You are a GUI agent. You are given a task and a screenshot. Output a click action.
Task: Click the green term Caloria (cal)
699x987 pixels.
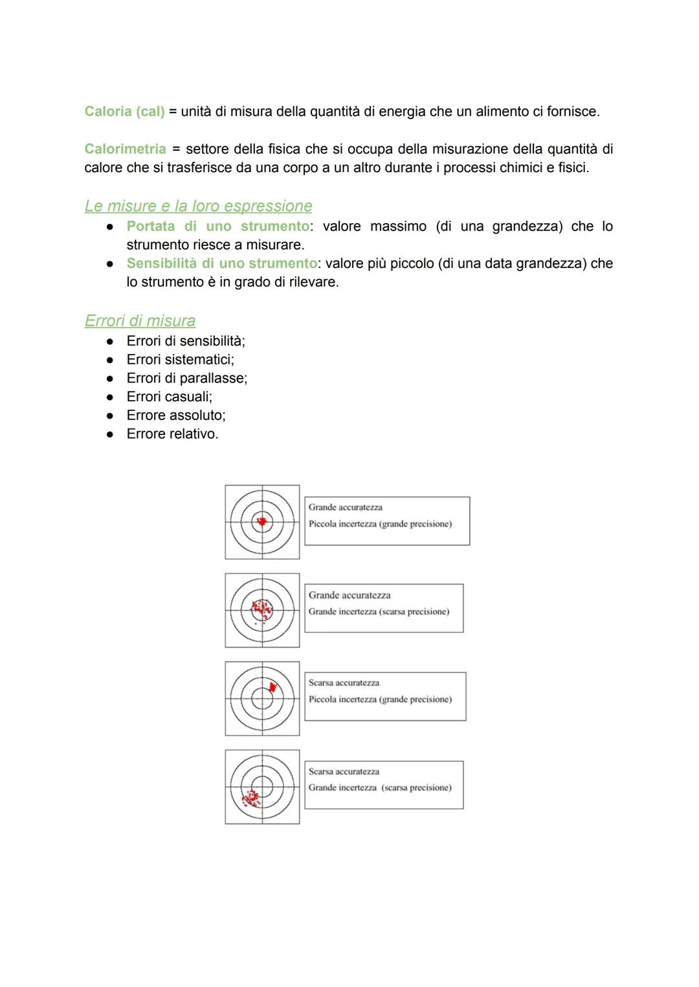(124, 111)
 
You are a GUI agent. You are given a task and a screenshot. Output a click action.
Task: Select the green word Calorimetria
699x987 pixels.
(125, 149)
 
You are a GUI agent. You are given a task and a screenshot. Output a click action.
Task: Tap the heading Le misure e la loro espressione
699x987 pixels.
(198, 206)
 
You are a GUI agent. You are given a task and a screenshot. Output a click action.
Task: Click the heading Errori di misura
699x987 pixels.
(140, 320)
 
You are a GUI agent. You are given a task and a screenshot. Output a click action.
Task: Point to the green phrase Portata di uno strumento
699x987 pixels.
(217, 226)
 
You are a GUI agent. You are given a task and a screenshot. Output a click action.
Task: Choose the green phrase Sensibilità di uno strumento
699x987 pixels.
(221, 263)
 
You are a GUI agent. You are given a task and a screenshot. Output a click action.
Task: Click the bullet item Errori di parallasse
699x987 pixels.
(186, 378)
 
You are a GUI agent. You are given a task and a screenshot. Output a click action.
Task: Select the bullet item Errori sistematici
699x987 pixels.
(180, 359)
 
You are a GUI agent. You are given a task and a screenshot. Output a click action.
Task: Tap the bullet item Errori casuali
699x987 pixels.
(169, 397)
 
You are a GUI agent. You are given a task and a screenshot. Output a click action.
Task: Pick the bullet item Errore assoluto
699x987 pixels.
(175, 416)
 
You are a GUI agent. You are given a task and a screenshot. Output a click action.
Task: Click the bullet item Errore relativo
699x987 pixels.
(172, 434)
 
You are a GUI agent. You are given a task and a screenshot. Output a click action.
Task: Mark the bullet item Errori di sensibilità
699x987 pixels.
(185, 341)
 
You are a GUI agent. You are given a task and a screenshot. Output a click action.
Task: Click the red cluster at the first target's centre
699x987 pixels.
(262, 522)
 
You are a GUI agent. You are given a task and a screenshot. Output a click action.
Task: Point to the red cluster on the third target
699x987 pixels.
(272, 687)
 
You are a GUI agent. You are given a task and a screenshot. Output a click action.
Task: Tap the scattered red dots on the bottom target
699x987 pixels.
(250, 797)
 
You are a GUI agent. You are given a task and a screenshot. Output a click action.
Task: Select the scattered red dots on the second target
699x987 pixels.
(262, 608)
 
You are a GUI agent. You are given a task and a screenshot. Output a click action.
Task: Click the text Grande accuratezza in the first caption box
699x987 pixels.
(345, 507)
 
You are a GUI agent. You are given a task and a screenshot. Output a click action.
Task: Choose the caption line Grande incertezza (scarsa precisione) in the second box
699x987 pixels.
(379, 612)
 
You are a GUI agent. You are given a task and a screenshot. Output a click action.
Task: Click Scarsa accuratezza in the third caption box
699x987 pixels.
(344, 683)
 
